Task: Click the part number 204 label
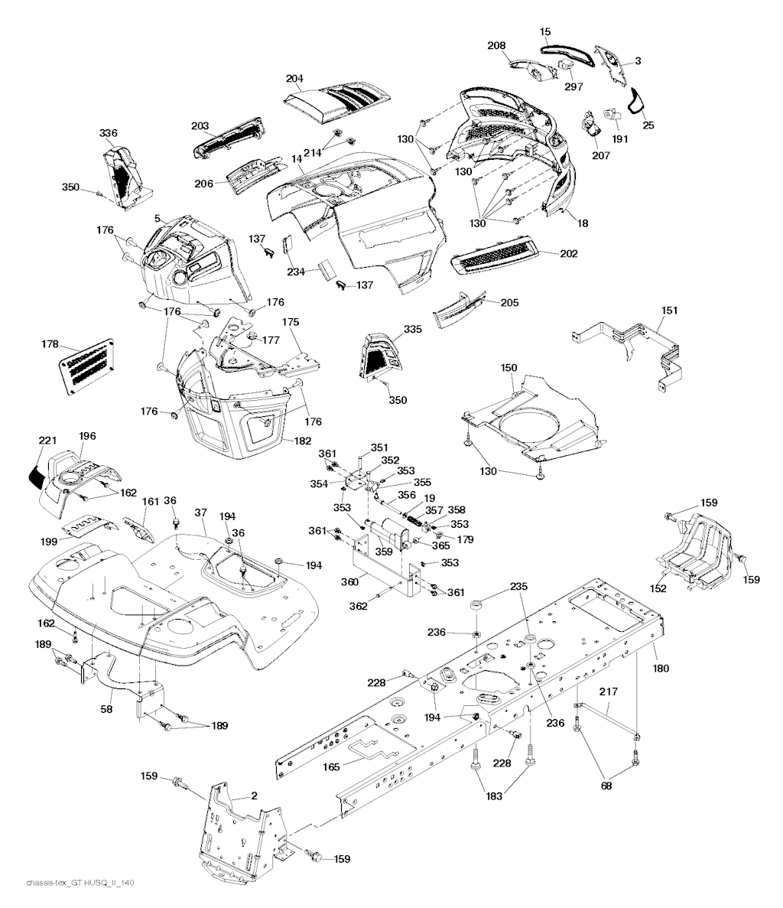(x=294, y=79)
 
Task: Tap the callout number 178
(x=50, y=344)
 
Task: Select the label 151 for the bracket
(x=670, y=311)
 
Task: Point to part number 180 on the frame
(x=661, y=669)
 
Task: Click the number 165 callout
(x=331, y=766)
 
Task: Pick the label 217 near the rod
(x=608, y=692)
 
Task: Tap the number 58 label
(x=106, y=709)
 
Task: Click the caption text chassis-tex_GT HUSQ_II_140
(x=80, y=883)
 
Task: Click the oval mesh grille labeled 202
(x=495, y=254)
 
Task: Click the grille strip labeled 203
(x=227, y=137)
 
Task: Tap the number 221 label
(x=47, y=441)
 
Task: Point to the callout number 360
(x=349, y=581)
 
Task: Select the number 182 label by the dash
(x=302, y=441)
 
